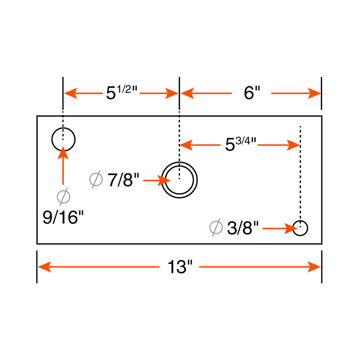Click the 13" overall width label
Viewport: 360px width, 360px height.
[x=180, y=266]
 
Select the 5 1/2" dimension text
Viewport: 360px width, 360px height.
[x=121, y=92]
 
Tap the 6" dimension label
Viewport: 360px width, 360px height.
[x=252, y=93]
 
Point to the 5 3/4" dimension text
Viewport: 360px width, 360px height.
[x=240, y=144]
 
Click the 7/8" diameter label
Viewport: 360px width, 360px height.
[x=123, y=180]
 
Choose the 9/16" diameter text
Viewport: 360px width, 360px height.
[x=63, y=217]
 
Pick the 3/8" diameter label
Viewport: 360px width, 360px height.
[x=243, y=228]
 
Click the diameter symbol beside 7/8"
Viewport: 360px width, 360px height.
[x=96, y=179]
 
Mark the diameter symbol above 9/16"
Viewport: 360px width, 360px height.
[x=63, y=197]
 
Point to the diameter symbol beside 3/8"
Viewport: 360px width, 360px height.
[x=216, y=227]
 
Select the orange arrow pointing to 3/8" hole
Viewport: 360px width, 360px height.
[x=280, y=229]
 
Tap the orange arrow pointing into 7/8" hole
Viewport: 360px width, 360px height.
[x=157, y=180]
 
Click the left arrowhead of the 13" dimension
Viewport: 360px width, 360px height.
[x=44, y=267]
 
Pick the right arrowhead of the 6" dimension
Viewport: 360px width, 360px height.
[x=314, y=93]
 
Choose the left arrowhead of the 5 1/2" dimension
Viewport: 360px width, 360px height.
[x=70, y=93]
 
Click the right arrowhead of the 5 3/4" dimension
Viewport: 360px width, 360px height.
[x=294, y=145]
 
